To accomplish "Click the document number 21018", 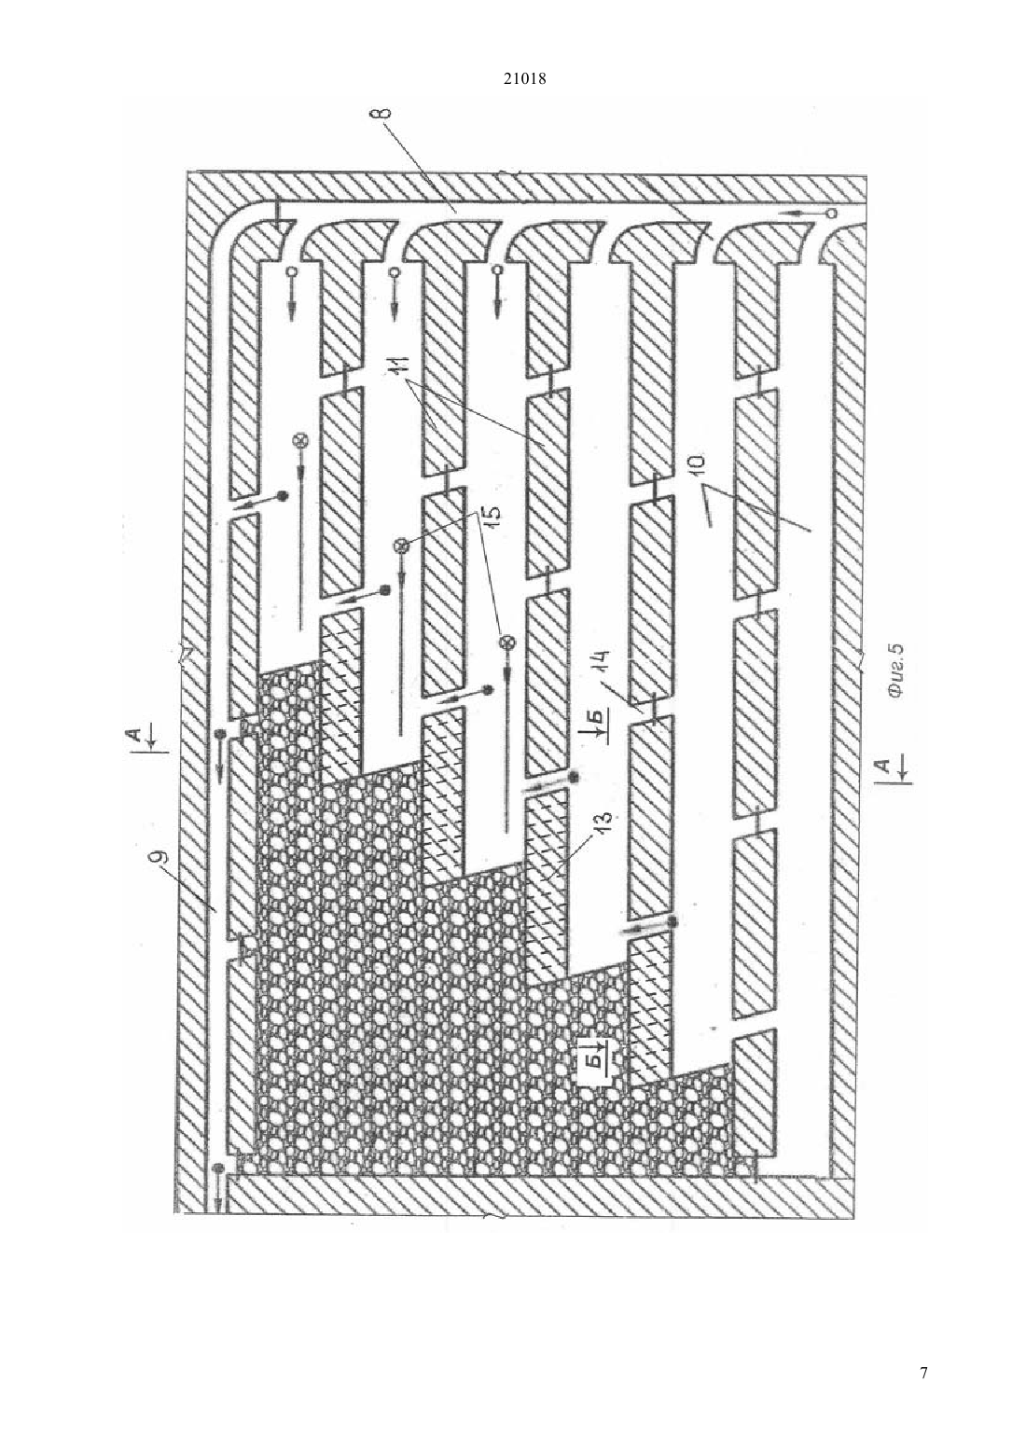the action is pos(524,79).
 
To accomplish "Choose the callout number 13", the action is pos(605,820).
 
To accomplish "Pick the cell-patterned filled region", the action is pos(453,1004).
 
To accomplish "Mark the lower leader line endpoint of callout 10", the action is pos(811,532).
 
